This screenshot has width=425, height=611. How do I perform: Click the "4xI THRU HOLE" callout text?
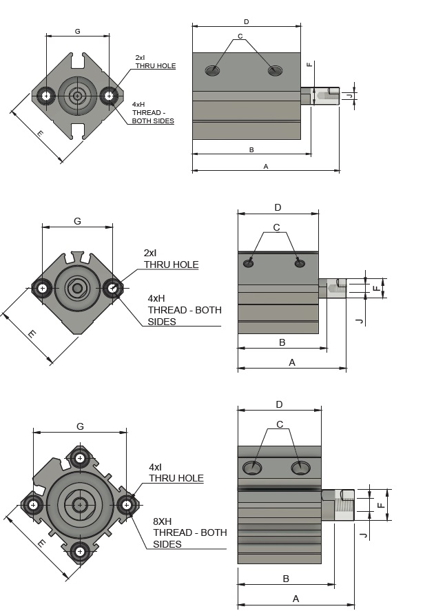(x=176, y=473)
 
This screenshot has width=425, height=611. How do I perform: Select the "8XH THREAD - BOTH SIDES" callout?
(x=189, y=532)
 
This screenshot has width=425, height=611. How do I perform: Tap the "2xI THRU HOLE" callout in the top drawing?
(x=155, y=62)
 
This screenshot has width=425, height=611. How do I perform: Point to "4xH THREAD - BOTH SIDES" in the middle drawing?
(x=185, y=310)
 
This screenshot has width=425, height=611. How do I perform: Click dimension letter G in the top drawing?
(x=77, y=31)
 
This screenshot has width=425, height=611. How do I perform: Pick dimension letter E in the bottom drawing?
(x=41, y=543)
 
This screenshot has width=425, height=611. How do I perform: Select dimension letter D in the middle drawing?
(x=278, y=207)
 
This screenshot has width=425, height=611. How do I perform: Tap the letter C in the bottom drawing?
(x=280, y=424)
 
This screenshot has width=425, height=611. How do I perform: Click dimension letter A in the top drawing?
(x=266, y=167)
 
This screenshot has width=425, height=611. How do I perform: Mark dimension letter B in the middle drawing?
(x=282, y=342)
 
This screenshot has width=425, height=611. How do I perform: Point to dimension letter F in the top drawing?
(x=310, y=64)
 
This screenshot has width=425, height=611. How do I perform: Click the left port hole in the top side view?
(x=213, y=70)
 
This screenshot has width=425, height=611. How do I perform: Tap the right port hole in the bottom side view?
(x=300, y=468)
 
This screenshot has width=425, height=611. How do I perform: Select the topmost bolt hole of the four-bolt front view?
(x=81, y=457)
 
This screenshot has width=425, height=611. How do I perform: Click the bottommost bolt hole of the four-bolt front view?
(x=81, y=551)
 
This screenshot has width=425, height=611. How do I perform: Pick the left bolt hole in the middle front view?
(x=43, y=288)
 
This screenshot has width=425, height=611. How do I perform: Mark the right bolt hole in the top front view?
(x=108, y=95)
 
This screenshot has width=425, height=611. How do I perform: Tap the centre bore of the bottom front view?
(x=80, y=504)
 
